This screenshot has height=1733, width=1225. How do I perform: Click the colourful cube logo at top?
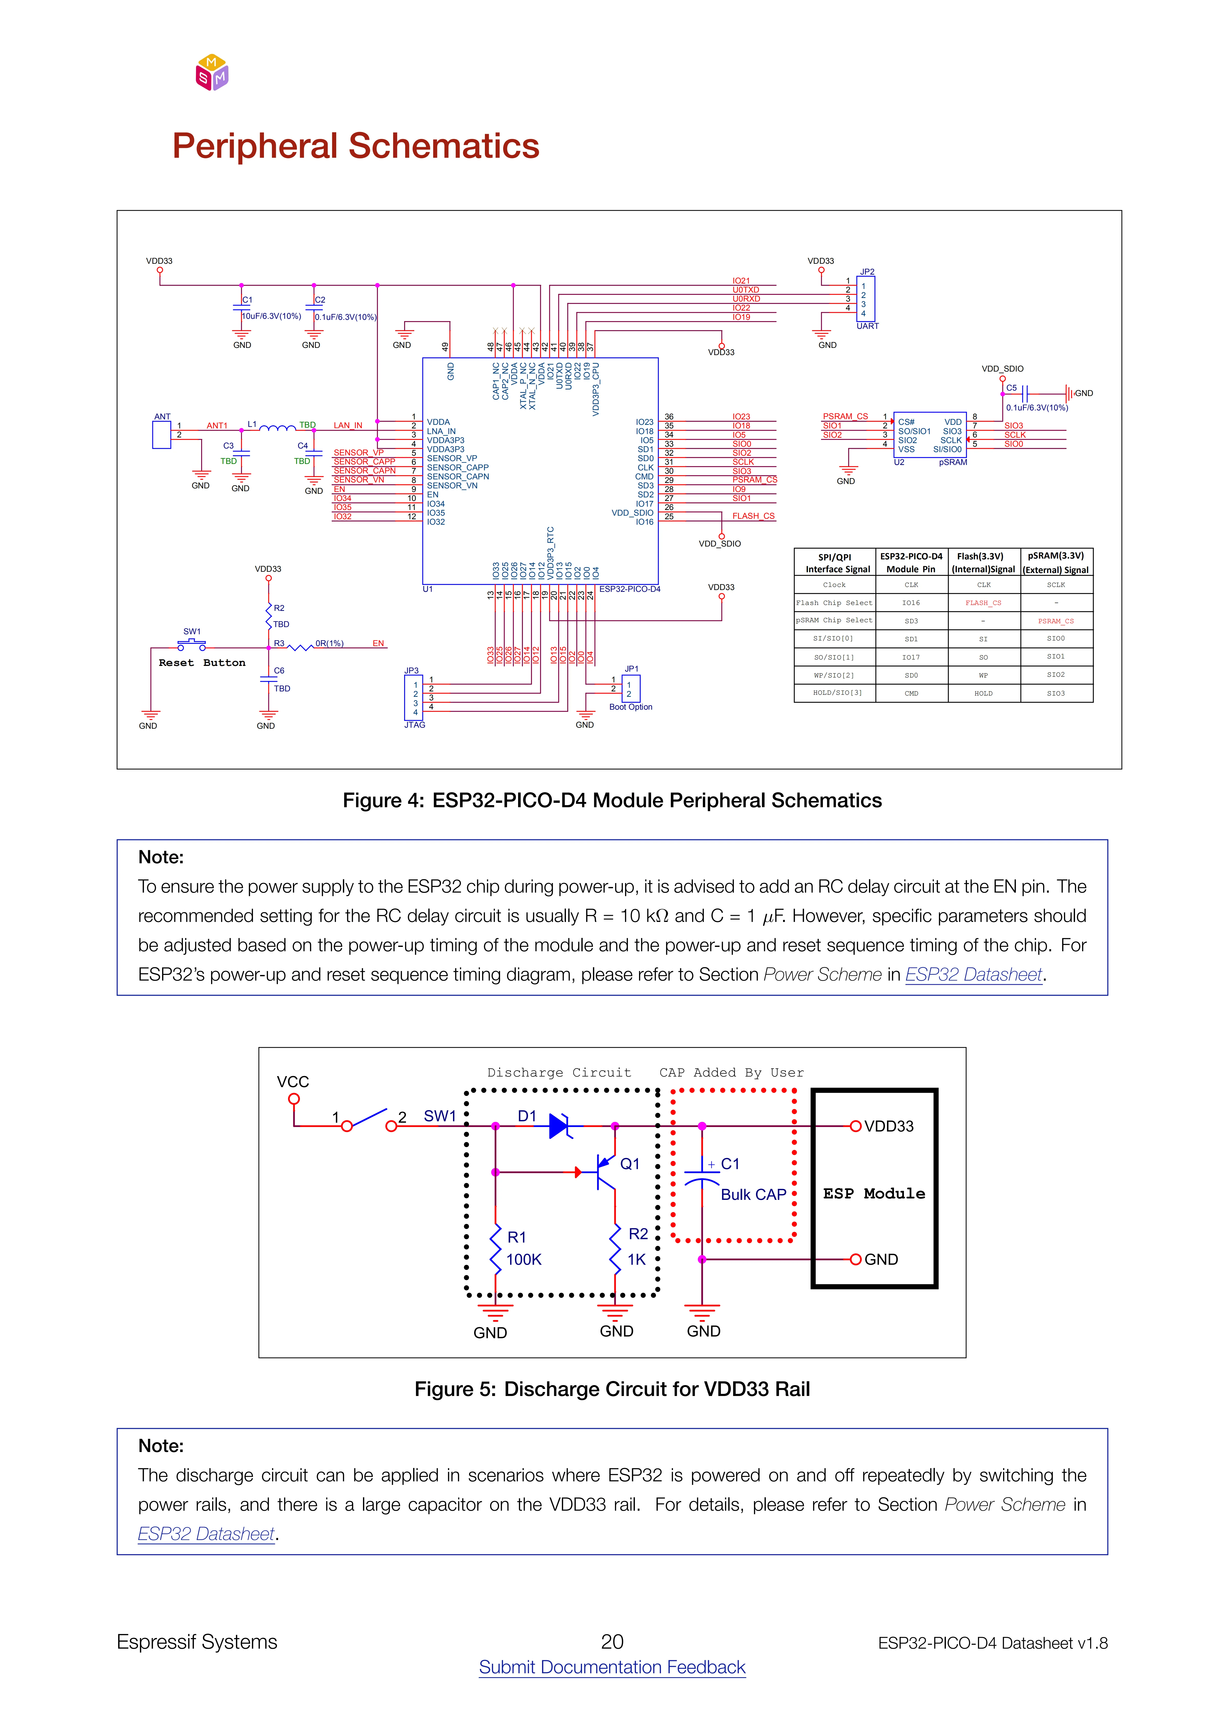pos(212,73)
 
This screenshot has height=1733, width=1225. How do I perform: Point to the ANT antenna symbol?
pos(162,435)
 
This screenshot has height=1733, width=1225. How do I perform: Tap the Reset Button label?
pos(201,663)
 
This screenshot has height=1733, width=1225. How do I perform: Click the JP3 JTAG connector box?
pos(414,697)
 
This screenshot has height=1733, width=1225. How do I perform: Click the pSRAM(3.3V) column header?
pos(1056,562)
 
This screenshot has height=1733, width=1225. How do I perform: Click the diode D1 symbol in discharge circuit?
pos(560,1126)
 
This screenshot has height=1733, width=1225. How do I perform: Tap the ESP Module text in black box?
pos(874,1193)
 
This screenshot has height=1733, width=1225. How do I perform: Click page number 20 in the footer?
pos(612,1642)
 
